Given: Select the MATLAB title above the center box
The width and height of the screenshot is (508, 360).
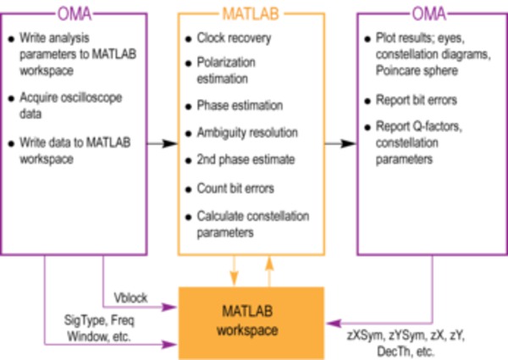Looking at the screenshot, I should tap(251, 14).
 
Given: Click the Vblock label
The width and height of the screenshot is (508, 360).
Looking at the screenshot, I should tap(131, 298).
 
